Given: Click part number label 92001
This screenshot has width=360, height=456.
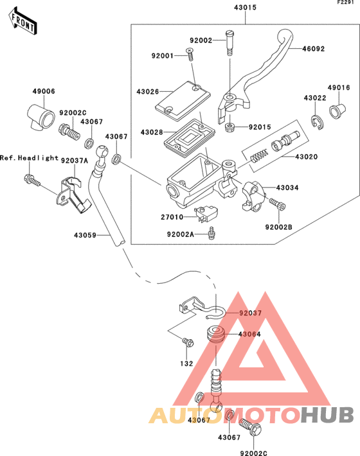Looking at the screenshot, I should (x=163, y=56).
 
